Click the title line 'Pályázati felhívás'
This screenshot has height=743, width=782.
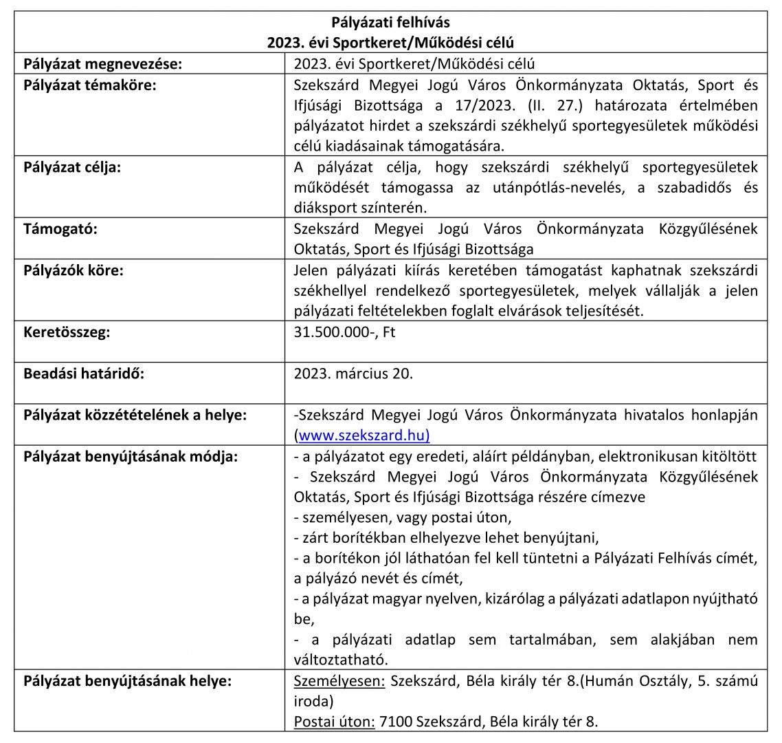tap(390, 23)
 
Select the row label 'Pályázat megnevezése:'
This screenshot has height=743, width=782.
tap(102, 65)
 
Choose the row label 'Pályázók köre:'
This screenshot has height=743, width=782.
tap(74, 270)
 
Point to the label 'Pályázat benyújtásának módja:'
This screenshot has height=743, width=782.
tap(131, 456)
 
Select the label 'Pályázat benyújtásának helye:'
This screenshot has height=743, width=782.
tap(128, 682)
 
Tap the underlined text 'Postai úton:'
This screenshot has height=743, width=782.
tap(332, 722)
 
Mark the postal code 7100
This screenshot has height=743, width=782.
tap(392, 722)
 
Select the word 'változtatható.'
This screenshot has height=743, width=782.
tap(341, 659)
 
